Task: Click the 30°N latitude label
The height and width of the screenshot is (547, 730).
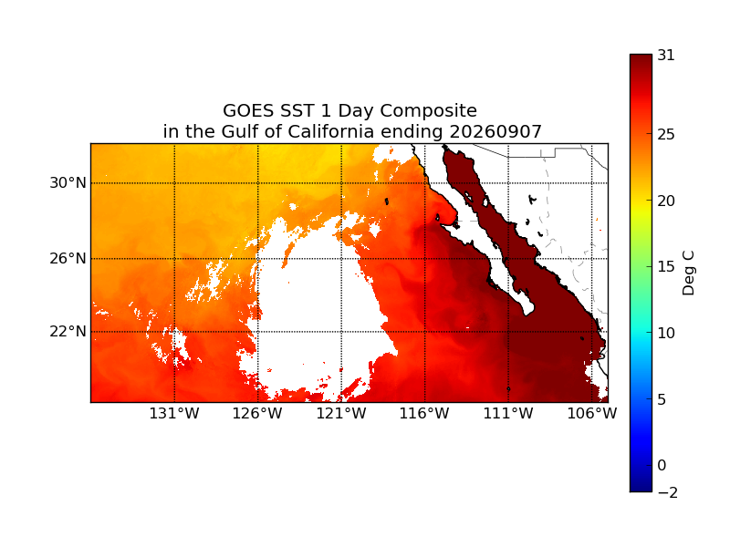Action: [x=68, y=183]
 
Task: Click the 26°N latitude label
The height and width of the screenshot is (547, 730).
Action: [x=68, y=258]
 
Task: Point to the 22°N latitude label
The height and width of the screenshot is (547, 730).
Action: [x=68, y=332]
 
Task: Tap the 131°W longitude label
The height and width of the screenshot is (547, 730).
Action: [x=174, y=413]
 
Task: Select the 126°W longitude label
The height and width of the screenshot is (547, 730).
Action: [x=257, y=413]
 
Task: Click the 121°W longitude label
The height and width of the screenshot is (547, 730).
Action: [x=341, y=413]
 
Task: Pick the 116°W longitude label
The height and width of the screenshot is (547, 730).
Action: [x=424, y=413]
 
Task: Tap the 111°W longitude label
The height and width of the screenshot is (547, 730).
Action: [x=508, y=413]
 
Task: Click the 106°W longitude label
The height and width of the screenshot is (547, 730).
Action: [x=591, y=413]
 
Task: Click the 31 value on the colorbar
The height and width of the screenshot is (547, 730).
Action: [x=666, y=56]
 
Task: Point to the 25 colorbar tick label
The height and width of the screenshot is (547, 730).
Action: [x=666, y=134]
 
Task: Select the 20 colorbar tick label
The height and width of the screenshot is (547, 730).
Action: [x=666, y=201]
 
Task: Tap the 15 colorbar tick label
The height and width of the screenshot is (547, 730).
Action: [x=666, y=266]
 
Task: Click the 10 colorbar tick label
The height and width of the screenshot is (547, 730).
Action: [x=666, y=333]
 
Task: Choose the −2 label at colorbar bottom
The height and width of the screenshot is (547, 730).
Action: [x=668, y=492]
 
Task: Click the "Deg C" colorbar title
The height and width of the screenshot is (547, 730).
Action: [x=688, y=273]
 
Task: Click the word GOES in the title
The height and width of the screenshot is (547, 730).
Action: [x=247, y=110]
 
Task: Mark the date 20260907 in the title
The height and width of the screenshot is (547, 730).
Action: [x=495, y=131]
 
